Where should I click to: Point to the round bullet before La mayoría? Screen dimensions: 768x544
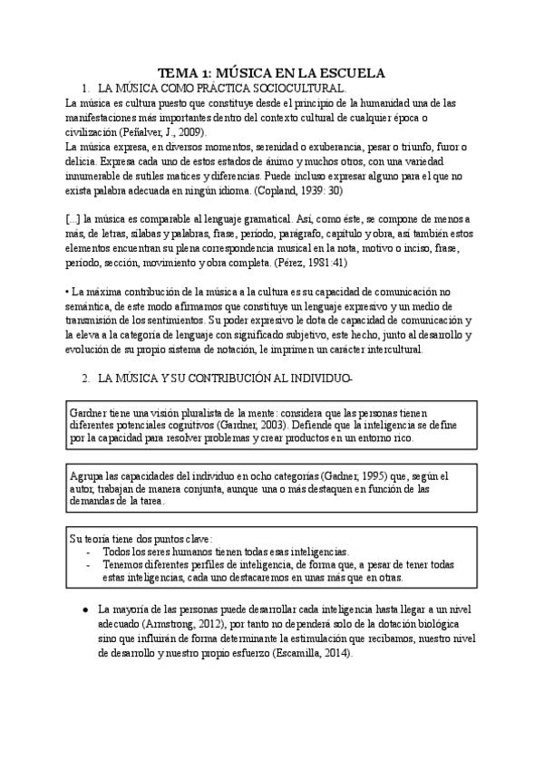click(83, 611)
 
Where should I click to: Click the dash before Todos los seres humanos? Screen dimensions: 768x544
click(87, 551)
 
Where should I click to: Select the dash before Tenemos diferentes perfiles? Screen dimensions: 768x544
click(87, 564)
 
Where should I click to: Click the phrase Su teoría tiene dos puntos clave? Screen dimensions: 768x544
click(141, 538)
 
